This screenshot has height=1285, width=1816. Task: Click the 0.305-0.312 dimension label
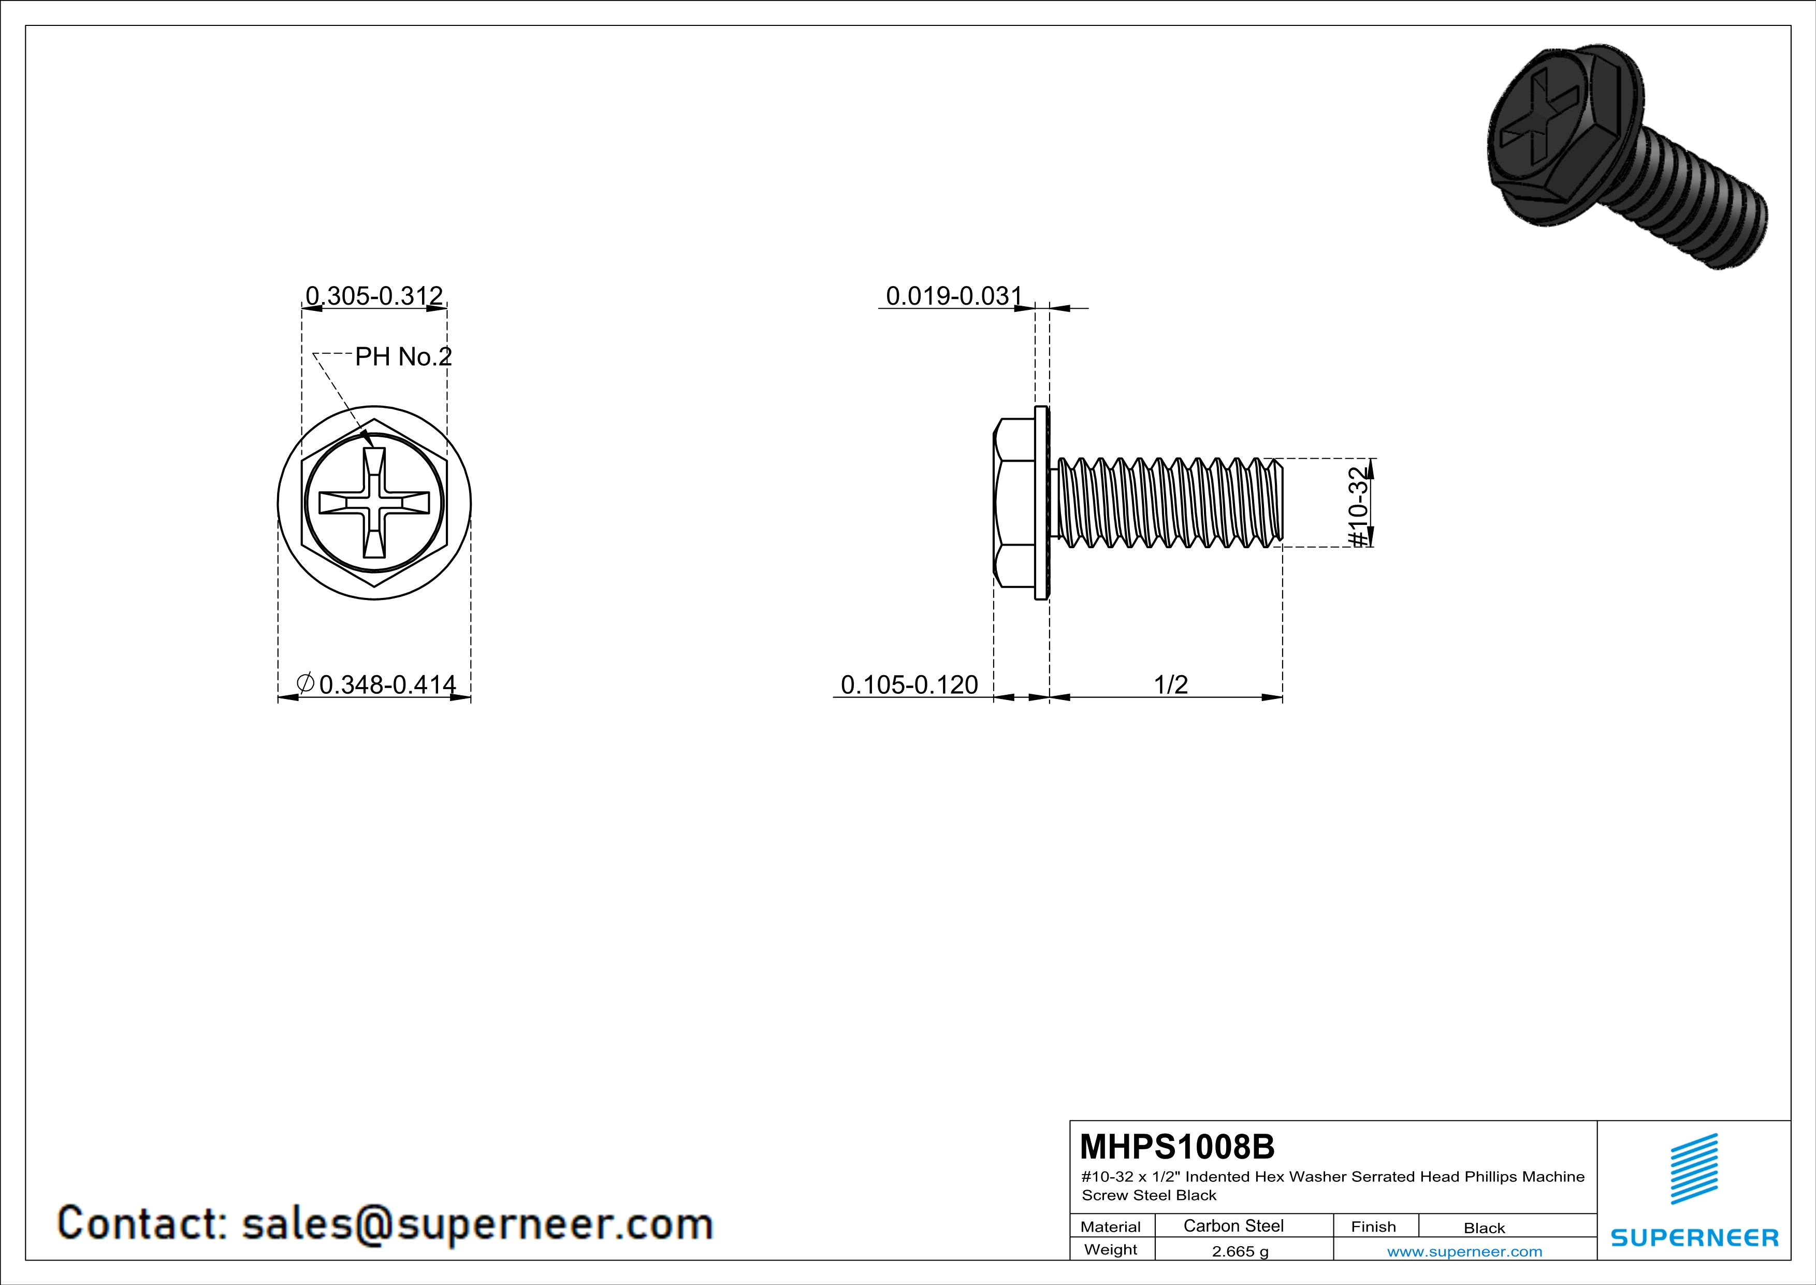click(x=374, y=296)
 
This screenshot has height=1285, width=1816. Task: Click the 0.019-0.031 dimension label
click(x=954, y=296)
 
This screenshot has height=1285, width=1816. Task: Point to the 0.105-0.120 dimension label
click(x=909, y=684)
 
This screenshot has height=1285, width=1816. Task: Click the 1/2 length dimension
click(x=1171, y=684)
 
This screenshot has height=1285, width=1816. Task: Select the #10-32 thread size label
click(x=1357, y=506)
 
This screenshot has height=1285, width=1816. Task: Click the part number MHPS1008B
click(x=1177, y=1147)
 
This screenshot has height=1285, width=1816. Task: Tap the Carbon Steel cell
click(x=1233, y=1225)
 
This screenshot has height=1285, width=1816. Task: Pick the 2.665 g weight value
click(x=1240, y=1251)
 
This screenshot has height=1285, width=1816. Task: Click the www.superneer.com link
click(x=1464, y=1251)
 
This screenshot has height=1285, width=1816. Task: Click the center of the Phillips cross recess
click(x=374, y=503)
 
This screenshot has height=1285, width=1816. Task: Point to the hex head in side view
click(x=1014, y=503)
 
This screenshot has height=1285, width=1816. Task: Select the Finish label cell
click(x=1373, y=1226)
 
